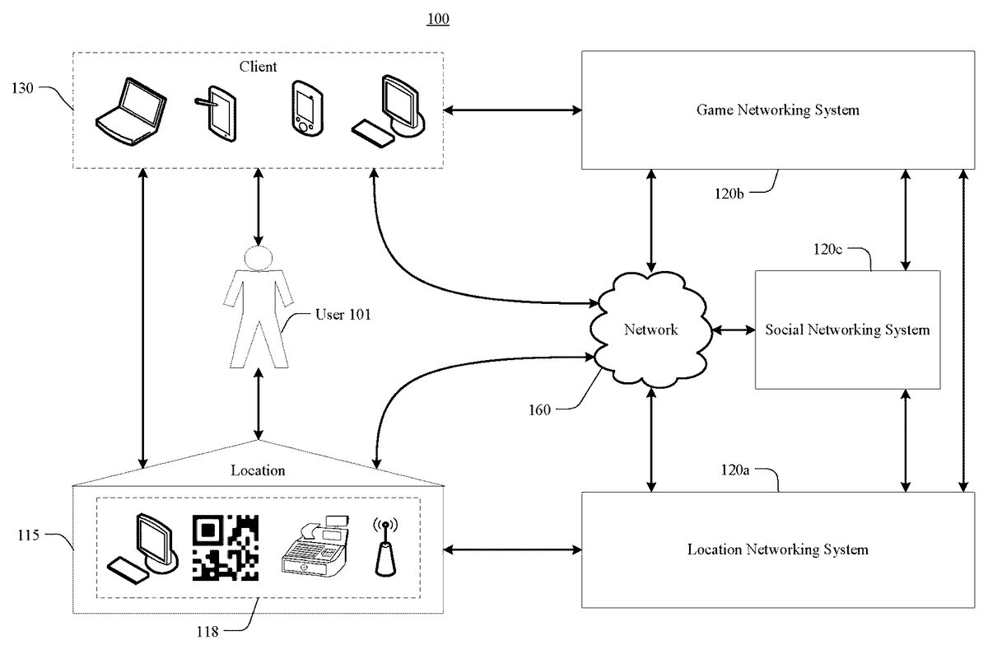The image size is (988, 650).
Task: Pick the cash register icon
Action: point(314,547)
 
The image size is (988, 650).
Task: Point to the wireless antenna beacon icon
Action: point(382,547)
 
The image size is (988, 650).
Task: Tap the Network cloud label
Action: point(650,330)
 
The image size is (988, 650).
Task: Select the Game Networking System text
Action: point(777,110)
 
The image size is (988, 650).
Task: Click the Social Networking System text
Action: point(847,330)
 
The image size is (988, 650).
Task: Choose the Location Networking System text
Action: point(777,549)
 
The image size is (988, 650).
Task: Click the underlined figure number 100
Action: point(438,19)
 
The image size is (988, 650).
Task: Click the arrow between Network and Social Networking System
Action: point(734,330)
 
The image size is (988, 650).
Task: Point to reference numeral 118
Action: point(207,632)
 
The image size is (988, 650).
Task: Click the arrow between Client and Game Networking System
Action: point(512,110)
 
